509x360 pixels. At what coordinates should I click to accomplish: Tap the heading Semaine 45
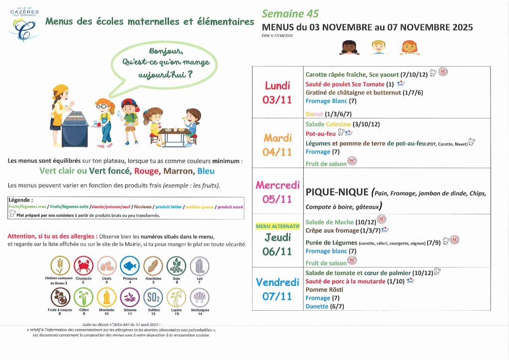tap(290, 14)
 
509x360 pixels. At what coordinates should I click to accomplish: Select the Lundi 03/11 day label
tap(277, 92)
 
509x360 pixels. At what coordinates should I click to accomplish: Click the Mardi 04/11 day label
tap(277, 144)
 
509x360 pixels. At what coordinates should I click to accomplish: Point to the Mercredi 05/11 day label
tap(277, 192)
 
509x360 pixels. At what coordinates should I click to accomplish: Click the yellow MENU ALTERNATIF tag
tap(278, 226)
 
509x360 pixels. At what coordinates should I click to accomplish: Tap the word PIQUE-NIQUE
tap(337, 192)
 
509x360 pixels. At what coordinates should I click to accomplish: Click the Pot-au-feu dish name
tap(321, 134)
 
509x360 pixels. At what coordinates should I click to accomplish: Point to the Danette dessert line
tap(317, 306)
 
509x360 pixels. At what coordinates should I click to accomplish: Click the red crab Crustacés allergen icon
tap(84, 266)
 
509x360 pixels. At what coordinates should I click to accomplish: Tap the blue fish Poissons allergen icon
tap(130, 266)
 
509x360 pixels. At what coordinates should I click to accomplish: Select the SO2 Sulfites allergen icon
tap(153, 297)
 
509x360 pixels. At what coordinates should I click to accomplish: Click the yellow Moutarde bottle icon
tap(106, 297)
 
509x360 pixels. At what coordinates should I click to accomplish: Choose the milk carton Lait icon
tap(199, 266)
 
